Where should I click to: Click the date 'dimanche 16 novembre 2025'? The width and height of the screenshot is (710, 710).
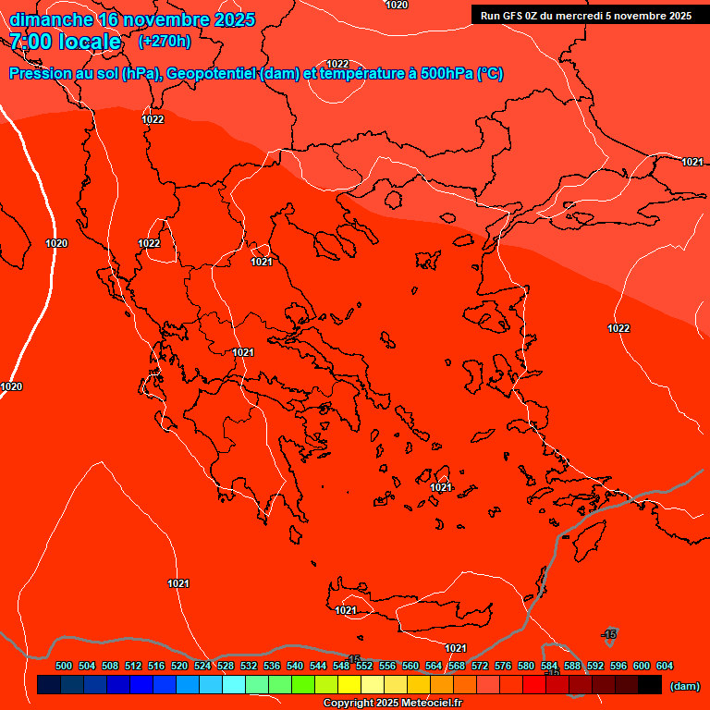tap(132, 19)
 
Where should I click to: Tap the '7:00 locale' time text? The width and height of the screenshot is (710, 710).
tap(65, 42)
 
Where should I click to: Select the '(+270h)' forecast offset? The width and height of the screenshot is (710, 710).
tap(165, 42)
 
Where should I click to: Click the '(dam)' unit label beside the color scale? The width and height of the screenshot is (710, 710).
tap(684, 686)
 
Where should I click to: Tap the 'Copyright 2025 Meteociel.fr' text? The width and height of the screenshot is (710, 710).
tap(391, 704)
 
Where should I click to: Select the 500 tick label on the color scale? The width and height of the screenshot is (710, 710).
tap(64, 666)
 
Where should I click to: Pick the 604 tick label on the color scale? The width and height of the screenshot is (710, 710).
tap(665, 666)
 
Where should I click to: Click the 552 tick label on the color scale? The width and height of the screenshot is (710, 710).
tap(364, 666)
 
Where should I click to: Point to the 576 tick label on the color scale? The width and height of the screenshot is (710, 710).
tap(503, 666)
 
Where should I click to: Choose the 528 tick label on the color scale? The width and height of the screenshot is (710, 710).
tap(226, 666)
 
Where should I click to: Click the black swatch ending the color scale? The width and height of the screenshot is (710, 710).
tap(650, 685)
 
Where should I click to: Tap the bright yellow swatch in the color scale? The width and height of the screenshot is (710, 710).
tap(349, 685)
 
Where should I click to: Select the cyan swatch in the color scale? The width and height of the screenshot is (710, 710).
tap(233, 685)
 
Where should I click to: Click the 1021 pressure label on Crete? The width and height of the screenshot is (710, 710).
tap(346, 610)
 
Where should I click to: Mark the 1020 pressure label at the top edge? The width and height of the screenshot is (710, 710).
tap(397, 6)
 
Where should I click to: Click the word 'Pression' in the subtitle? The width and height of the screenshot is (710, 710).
tap(41, 74)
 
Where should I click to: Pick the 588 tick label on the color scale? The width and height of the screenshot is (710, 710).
tap(572, 666)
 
